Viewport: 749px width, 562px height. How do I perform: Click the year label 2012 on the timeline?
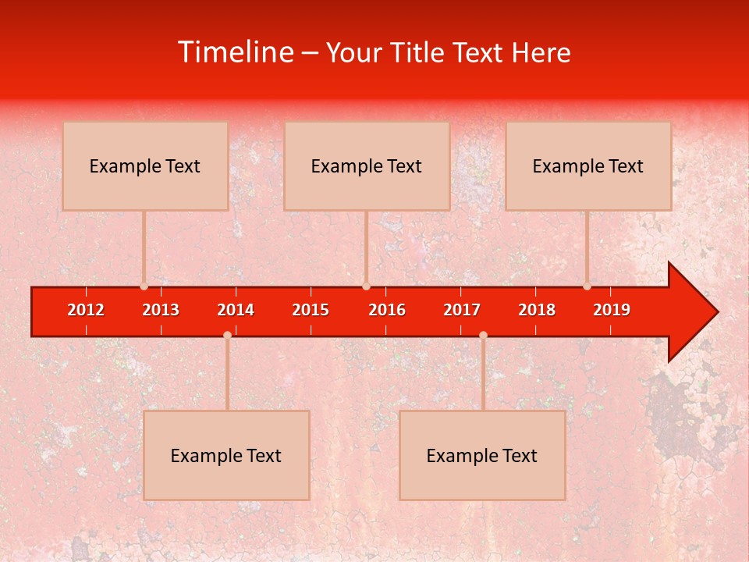coord(86,310)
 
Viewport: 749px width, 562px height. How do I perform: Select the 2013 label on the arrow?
coord(161,310)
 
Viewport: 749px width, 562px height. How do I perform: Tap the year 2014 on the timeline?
coord(236,310)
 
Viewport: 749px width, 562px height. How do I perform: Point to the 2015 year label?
coord(311,310)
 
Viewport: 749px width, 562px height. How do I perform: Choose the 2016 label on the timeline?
coord(387,310)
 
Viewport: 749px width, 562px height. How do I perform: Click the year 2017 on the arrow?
coord(462,310)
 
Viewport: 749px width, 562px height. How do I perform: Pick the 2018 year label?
coord(537,310)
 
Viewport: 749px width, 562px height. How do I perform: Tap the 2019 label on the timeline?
coord(612,310)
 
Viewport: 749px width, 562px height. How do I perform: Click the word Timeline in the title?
coord(234,52)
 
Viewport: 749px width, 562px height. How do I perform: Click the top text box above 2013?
coord(145,166)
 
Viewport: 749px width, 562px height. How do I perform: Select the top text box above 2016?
coord(367,166)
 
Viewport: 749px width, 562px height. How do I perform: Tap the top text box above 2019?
coord(588,166)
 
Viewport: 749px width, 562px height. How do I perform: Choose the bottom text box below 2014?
coord(226,455)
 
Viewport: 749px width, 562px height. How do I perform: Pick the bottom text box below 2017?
coord(482,455)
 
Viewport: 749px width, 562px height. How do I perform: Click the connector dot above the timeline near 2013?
coord(144,286)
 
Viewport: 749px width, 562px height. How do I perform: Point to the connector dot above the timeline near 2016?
coord(366,286)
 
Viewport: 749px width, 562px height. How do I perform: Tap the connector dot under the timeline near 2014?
coord(227,335)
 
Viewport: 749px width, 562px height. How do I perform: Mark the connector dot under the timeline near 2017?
coord(483,335)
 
